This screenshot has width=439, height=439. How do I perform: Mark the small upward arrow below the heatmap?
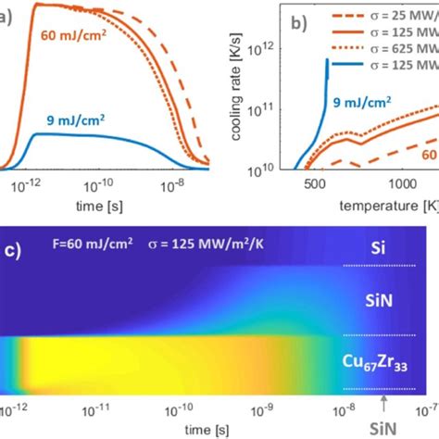tap(383, 404)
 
